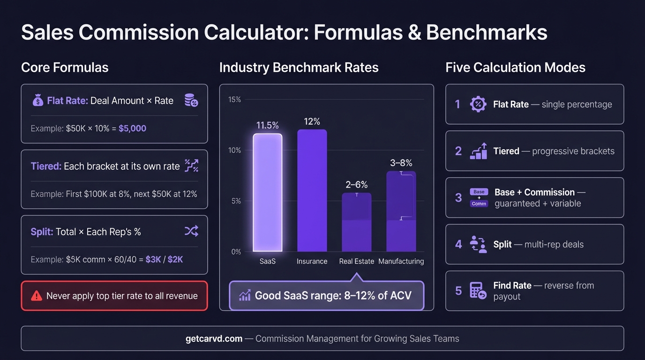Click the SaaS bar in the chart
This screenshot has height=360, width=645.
[268, 193]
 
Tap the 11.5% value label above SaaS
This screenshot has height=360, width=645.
[268, 125]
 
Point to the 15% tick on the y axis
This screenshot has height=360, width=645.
[234, 99]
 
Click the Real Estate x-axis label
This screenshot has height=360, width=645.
[356, 261]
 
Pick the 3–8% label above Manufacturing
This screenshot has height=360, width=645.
[401, 163]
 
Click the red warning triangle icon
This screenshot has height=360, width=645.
[36, 296]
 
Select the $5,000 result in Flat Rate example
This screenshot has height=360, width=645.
[132, 128]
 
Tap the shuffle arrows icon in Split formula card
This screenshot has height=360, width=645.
[191, 231]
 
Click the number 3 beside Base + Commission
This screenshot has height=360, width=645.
[458, 197]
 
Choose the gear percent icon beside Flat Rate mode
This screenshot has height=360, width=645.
[478, 104]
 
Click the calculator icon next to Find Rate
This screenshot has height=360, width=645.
[478, 291]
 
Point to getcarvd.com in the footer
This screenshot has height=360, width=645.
[214, 338]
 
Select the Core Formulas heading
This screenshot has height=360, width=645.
[65, 67]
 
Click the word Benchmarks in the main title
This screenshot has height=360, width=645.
[487, 33]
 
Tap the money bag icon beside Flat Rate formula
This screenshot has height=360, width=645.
[37, 100]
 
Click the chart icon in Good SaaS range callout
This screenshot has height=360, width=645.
[245, 295]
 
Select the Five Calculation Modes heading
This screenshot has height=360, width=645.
[515, 67]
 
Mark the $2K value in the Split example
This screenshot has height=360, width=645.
[175, 259]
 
